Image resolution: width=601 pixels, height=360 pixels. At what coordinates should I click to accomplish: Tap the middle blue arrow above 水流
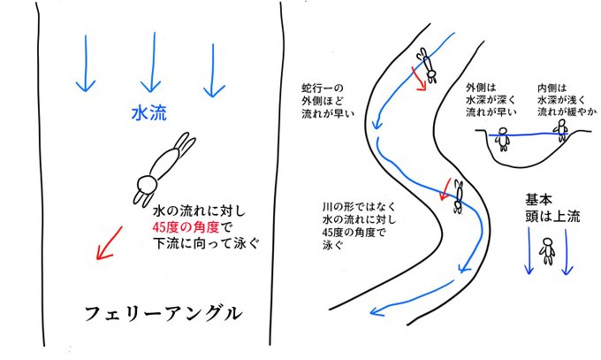point(151,67)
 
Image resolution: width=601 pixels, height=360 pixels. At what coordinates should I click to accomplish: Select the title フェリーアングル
point(163,313)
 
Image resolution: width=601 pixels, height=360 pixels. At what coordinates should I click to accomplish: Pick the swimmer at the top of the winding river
point(427,63)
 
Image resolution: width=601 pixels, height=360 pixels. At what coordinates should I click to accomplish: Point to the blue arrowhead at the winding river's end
point(375,310)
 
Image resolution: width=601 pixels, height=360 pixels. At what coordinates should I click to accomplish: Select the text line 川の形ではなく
point(358,208)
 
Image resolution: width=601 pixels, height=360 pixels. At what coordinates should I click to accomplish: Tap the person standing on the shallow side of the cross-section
point(560,130)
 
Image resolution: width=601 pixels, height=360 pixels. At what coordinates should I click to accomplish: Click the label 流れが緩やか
point(566,112)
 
